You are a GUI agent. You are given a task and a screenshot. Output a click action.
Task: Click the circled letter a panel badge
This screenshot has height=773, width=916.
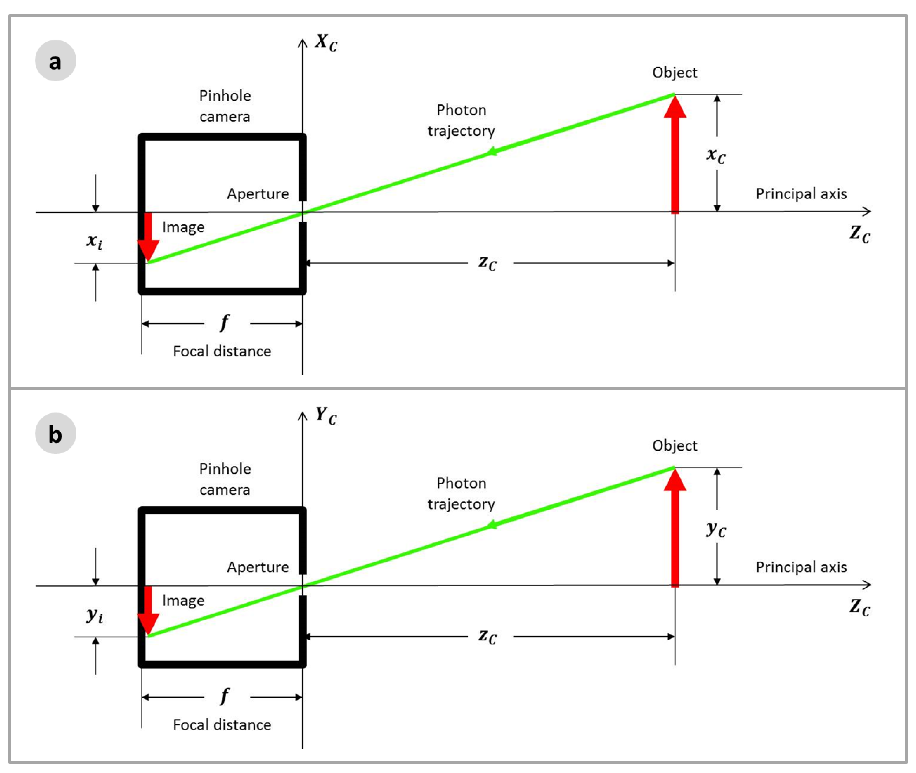click(55, 61)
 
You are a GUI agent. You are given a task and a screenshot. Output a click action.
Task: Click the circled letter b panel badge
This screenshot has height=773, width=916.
click(55, 433)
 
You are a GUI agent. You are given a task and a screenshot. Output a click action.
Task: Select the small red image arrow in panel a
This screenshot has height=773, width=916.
click(148, 237)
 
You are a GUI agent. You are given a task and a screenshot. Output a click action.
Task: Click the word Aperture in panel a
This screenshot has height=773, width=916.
click(258, 194)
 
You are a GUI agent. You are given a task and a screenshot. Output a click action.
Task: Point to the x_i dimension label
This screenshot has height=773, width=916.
click(94, 241)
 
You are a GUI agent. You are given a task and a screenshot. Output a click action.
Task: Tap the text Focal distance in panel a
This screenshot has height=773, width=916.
click(222, 351)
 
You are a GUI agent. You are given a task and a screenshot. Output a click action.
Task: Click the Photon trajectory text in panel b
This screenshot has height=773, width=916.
click(461, 493)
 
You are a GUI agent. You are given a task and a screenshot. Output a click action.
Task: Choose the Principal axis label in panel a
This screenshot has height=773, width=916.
click(801, 194)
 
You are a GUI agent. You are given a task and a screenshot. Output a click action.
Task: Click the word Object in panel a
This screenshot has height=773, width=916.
click(675, 72)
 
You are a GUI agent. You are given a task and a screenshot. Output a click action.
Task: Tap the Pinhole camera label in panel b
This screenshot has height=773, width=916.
click(225, 479)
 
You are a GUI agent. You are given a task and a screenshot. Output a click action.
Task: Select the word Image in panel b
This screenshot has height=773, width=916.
click(183, 600)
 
